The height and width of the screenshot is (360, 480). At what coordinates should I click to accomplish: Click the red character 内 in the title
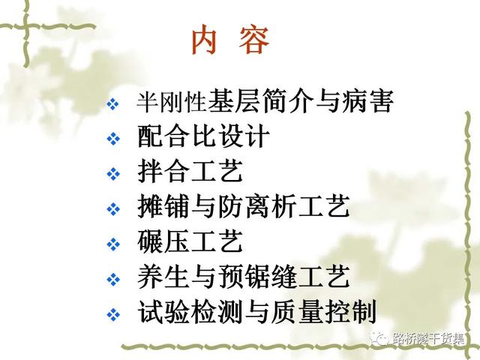tap(205, 40)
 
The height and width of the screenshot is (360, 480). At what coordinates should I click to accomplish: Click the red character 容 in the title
tap(254, 40)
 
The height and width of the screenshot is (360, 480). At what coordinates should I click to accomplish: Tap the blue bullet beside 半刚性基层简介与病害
tap(113, 103)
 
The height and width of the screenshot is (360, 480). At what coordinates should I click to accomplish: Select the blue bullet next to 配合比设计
tap(113, 139)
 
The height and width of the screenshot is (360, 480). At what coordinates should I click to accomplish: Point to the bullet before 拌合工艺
tap(113, 174)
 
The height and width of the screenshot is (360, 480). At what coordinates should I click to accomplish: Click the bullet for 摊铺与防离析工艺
tap(113, 208)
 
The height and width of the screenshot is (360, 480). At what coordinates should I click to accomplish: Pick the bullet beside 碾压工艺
tap(113, 244)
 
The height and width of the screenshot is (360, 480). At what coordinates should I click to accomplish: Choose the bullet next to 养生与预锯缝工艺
tap(113, 279)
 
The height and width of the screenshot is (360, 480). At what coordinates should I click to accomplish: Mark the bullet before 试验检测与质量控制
tap(113, 314)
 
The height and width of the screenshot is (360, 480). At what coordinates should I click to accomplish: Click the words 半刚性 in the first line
tap(172, 102)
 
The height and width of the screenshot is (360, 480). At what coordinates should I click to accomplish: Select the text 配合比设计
tap(203, 136)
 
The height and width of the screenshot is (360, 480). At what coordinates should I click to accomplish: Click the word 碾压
tap(163, 241)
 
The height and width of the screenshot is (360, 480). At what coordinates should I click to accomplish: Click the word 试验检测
tap(190, 311)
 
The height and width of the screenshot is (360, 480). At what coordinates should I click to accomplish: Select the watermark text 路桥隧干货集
tap(428, 339)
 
